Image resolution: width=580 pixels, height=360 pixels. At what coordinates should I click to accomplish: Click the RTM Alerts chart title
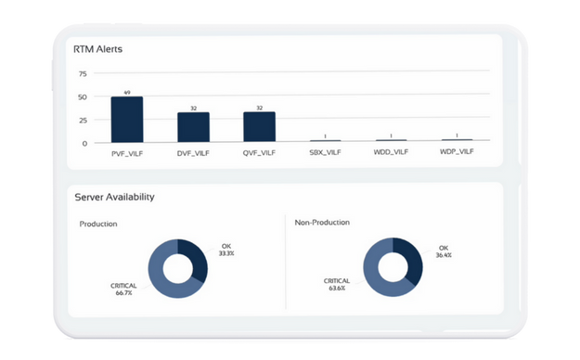98,50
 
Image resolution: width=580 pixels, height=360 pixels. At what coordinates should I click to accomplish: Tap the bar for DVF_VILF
193,127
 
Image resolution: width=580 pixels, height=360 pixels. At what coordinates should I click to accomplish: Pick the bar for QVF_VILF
260,127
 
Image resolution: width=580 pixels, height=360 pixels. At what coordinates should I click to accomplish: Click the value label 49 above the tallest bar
127,92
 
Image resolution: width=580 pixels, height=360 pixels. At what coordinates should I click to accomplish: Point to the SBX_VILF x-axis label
325,151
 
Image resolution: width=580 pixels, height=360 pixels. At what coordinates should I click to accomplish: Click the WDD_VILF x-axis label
391,151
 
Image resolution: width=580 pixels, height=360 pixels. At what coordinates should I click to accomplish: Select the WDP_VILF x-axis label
457,151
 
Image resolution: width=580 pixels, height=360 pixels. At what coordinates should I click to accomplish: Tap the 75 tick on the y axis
83,74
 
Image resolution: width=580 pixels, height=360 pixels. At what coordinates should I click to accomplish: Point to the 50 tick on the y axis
83,96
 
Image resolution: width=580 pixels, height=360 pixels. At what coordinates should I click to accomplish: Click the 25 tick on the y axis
83,120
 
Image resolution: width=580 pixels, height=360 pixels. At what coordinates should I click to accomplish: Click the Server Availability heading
115,197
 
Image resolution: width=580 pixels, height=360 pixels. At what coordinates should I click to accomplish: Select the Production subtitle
98,224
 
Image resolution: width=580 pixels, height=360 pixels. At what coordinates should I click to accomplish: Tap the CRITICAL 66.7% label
123,289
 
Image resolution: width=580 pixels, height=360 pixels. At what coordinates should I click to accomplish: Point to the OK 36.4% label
444,251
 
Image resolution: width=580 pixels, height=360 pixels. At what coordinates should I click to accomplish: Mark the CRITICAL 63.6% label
337,283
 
